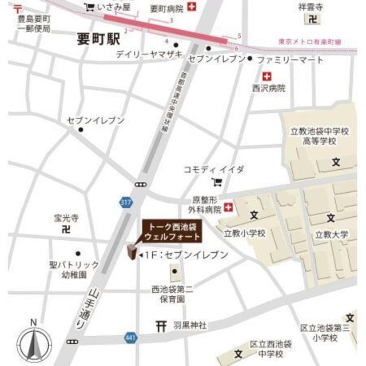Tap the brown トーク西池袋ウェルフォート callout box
172,231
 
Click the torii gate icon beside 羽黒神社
161,325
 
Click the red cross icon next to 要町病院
192,7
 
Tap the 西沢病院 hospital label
268,89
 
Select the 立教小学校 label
244,233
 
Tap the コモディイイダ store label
213,170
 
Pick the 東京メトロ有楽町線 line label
309,42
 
